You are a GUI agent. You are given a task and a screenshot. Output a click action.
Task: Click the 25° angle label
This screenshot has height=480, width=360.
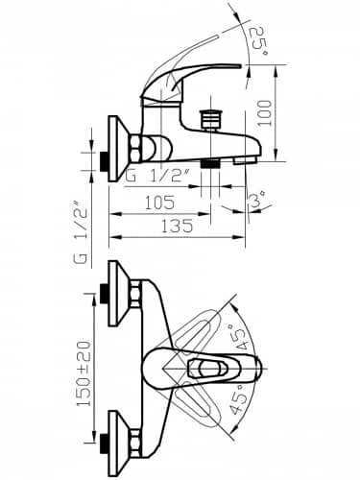[259, 42]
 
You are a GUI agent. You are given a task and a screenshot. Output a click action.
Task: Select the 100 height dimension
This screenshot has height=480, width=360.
[265, 113]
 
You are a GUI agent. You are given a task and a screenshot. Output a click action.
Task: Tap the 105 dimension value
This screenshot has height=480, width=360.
[159, 203]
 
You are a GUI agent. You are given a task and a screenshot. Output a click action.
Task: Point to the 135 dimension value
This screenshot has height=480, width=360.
[177, 226]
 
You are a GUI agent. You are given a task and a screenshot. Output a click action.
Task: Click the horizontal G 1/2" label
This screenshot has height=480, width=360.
[157, 176]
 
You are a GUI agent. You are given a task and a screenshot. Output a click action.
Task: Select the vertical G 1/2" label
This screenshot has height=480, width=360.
[81, 232]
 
